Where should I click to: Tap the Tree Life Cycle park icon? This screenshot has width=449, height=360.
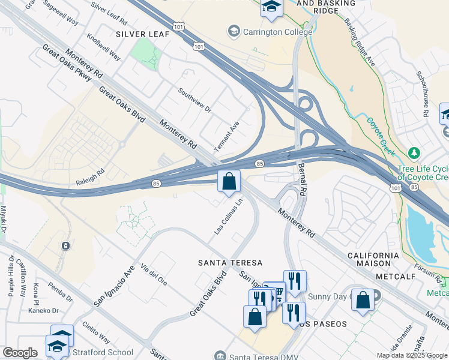[x=413, y=154]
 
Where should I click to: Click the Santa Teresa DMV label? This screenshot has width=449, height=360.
[x=258, y=356]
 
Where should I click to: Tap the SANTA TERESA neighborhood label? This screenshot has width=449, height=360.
[x=231, y=263]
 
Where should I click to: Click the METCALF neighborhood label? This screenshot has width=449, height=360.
[x=396, y=276]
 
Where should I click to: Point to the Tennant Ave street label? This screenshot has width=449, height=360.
[x=226, y=136]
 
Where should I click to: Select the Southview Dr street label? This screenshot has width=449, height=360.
[x=194, y=100]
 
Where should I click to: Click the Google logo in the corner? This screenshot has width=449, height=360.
[x=19, y=353]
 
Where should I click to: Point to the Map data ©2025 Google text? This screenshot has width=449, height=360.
[x=412, y=355]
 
